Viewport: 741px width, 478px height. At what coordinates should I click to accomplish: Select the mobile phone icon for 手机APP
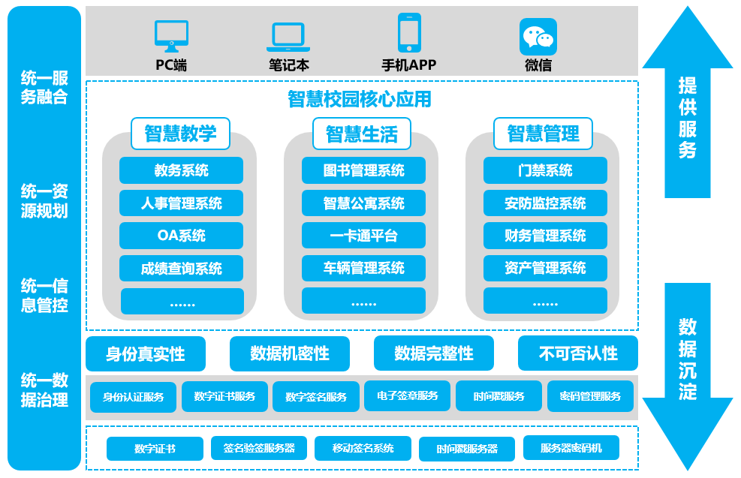pyautogui.click(x=408, y=33)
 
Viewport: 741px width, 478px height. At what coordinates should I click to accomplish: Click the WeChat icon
pyautogui.click(x=538, y=36)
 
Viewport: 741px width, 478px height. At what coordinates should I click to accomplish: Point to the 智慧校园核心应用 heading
pyautogui.click(x=360, y=98)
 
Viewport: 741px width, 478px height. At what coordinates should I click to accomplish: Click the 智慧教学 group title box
pyautogui.click(x=180, y=134)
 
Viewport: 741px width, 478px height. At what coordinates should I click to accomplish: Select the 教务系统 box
pyautogui.click(x=181, y=170)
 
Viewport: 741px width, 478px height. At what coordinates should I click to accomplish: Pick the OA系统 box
pyautogui.click(x=181, y=236)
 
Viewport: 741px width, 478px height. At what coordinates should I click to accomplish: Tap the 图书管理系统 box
pyautogui.click(x=363, y=170)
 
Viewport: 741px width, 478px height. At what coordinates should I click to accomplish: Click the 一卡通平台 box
pyautogui.click(x=363, y=236)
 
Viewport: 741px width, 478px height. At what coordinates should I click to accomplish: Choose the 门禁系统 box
pyautogui.click(x=545, y=170)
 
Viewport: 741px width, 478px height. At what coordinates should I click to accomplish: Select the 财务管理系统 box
pyautogui.click(x=545, y=236)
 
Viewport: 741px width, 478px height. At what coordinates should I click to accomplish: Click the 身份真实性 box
pyautogui.click(x=145, y=353)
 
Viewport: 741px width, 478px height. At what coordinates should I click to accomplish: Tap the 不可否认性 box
pyautogui.click(x=577, y=353)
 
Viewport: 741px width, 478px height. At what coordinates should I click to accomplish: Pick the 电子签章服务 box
pyautogui.click(x=408, y=395)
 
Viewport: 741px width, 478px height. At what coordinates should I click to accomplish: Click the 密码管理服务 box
pyautogui.click(x=590, y=396)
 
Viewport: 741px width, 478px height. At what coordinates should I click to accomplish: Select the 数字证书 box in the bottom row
pyautogui.click(x=155, y=449)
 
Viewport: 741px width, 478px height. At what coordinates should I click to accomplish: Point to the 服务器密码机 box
pyautogui.click(x=571, y=448)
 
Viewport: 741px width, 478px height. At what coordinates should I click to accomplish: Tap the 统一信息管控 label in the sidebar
pyautogui.click(x=44, y=295)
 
